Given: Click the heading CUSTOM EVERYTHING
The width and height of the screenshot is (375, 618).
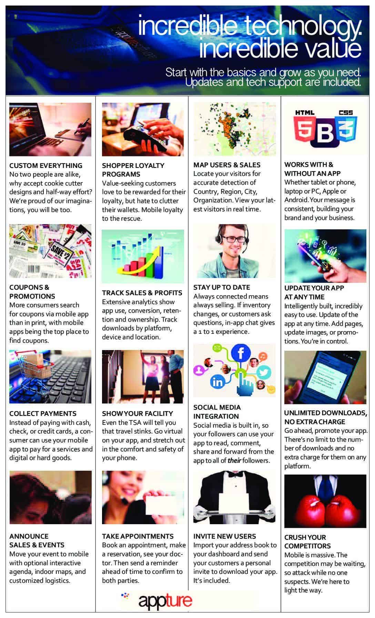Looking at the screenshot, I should [x=46, y=166].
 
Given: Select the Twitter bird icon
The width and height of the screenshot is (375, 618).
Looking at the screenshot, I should [x=263, y=372].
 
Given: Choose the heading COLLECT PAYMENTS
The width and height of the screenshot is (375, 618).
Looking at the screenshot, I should [x=43, y=413].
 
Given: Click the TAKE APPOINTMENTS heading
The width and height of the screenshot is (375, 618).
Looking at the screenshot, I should [x=138, y=536].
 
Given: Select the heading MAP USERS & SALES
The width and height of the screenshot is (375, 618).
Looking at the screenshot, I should [x=227, y=165].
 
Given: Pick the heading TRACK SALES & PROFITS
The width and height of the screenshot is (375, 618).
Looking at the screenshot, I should [x=142, y=293].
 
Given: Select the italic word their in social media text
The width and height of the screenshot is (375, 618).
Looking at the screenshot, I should [x=234, y=461].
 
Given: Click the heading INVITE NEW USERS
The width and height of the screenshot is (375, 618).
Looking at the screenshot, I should [x=224, y=536].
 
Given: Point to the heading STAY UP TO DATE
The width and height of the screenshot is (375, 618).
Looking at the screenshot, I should [x=222, y=287].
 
